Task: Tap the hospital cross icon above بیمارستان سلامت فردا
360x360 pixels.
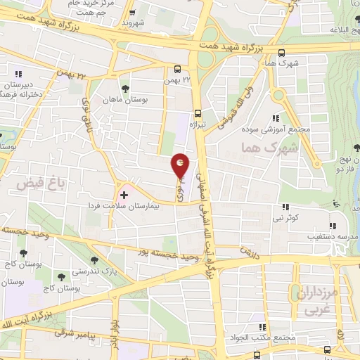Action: (124, 194)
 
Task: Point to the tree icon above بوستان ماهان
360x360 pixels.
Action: (125, 89)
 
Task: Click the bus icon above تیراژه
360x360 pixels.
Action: (198, 112)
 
